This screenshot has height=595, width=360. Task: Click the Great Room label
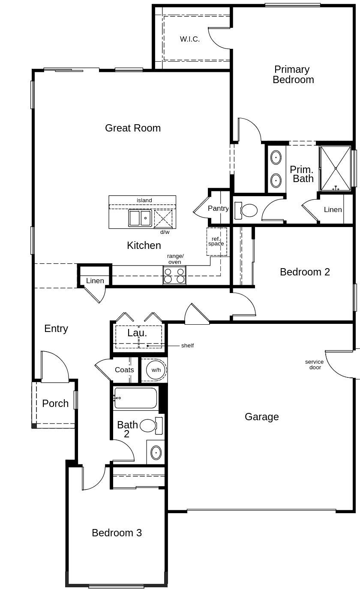[x=133, y=128]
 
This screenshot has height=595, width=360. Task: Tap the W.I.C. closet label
[x=189, y=39]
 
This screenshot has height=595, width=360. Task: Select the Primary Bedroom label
[x=293, y=75]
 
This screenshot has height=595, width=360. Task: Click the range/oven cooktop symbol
[x=174, y=275]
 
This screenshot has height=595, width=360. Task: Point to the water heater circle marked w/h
[x=155, y=370]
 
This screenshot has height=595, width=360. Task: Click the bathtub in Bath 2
[x=136, y=398]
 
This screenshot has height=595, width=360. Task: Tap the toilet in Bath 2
[x=148, y=425]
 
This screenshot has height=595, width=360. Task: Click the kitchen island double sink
[x=140, y=218]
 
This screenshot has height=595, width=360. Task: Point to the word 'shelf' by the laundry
[x=187, y=346]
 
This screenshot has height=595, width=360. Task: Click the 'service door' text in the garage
[x=314, y=365]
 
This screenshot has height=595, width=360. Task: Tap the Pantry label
[x=218, y=209]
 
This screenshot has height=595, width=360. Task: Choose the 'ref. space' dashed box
[x=216, y=242]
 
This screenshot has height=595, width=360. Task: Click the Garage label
[x=261, y=417]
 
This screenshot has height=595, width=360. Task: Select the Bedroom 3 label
[x=117, y=533]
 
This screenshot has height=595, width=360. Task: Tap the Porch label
[x=55, y=404]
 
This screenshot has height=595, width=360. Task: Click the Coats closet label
[x=124, y=370]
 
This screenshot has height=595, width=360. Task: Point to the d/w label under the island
[x=165, y=232]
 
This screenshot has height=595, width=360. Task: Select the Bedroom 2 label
[x=305, y=272]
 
